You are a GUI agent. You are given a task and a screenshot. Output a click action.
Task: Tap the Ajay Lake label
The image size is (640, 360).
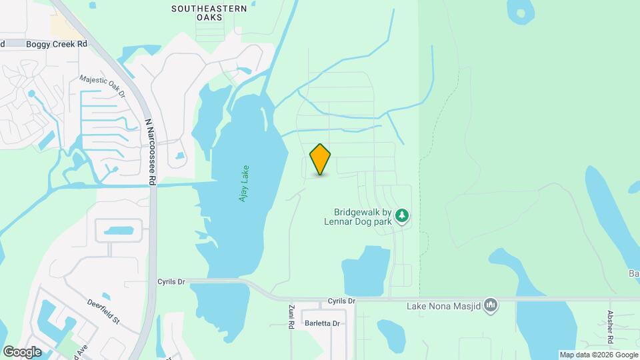point(244,184)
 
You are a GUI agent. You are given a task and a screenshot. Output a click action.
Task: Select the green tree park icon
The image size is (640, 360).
point(401,215)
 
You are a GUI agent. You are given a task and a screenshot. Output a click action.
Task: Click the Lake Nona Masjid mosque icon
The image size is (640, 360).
point(491,305)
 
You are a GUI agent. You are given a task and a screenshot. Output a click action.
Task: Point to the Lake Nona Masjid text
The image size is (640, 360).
point(444,306)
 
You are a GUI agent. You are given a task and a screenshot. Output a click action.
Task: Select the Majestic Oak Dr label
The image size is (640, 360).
point(102,85)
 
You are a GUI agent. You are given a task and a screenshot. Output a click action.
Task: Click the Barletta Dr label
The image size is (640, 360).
point(323,323)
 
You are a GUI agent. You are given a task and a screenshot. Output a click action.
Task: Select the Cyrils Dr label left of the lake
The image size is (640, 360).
point(171,281)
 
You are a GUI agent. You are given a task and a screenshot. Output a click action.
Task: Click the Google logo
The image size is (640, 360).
point(21,351)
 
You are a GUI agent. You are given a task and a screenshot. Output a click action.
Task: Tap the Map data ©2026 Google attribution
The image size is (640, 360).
point(599,355)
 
